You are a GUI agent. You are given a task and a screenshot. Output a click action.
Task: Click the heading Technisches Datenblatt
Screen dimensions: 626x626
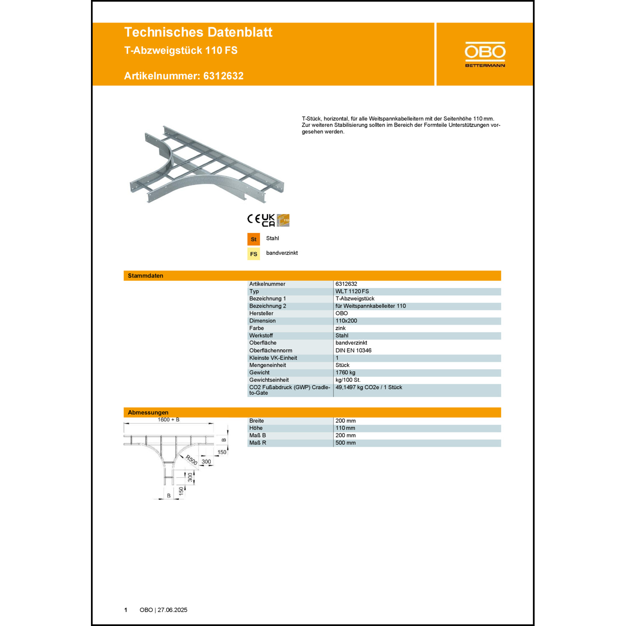tap(198, 32)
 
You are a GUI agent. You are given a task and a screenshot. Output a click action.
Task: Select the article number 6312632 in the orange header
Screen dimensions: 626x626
tap(223, 76)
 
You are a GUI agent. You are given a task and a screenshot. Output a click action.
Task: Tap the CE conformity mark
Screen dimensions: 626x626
tap(254, 219)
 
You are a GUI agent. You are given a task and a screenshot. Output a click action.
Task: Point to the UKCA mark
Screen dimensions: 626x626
tap(268, 220)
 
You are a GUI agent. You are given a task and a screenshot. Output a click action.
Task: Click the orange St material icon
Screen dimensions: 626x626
tap(253, 239)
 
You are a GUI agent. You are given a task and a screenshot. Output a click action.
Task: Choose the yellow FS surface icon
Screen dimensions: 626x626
tap(253, 254)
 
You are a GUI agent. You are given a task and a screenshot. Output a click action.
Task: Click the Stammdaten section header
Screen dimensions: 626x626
tap(146, 276)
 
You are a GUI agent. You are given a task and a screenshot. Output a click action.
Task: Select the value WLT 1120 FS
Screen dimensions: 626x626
tap(352, 291)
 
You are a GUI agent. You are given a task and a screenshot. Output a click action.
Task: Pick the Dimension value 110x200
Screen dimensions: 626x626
tap(346, 321)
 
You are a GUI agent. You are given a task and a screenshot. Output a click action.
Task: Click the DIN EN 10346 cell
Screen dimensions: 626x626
tap(353, 351)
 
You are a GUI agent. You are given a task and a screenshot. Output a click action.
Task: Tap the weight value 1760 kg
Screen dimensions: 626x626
tap(345, 373)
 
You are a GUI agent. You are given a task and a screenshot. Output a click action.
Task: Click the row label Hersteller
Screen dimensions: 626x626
tap(261, 313)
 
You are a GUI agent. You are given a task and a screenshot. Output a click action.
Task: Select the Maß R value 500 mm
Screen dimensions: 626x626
tap(345, 443)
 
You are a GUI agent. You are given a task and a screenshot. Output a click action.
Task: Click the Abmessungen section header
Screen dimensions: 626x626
tap(148, 412)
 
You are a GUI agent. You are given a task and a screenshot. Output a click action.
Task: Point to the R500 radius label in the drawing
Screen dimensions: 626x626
tap(192, 460)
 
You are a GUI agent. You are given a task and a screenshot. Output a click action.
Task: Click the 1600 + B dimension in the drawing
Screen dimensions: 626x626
tap(169, 420)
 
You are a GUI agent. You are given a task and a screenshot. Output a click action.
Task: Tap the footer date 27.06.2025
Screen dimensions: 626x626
tap(172, 610)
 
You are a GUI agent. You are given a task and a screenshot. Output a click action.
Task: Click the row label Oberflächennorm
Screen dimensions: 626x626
tap(270, 351)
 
